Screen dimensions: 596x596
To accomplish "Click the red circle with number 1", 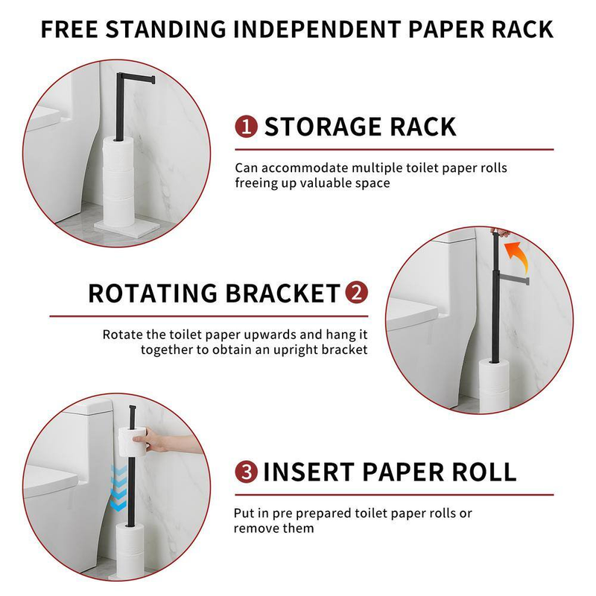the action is tap(247, 127).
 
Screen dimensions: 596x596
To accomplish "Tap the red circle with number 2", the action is tap(356, 293).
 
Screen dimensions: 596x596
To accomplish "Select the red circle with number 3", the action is tap(247, 472).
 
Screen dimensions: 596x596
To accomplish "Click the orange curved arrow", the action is tap(516, 256).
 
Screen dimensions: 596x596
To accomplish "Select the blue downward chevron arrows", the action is tap(118, 488).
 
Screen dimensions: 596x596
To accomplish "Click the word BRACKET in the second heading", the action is tap(283, 293).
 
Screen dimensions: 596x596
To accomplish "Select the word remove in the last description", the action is tap(254, 528).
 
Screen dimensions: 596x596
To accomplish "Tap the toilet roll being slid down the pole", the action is tap(133, 442).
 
